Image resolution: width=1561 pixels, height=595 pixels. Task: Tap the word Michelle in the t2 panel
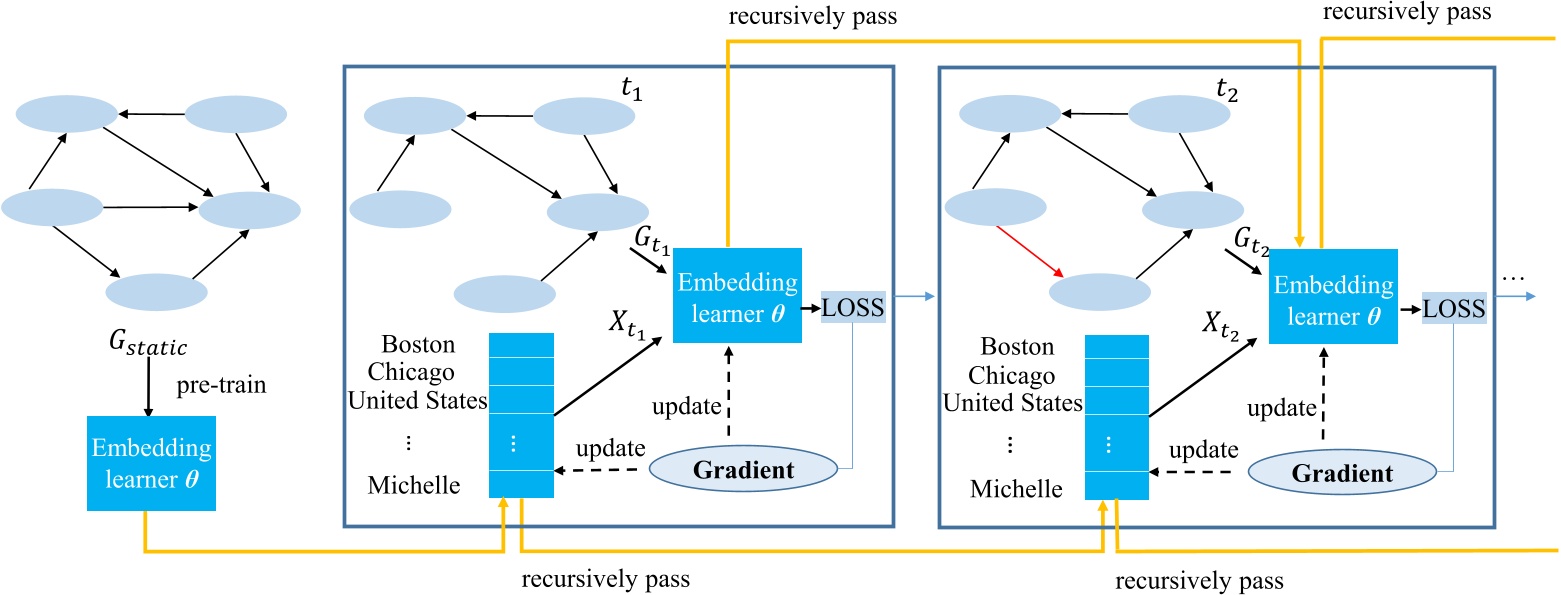coord(1016,489)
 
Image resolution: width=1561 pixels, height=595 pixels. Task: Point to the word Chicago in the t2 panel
coord(1017,376)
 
